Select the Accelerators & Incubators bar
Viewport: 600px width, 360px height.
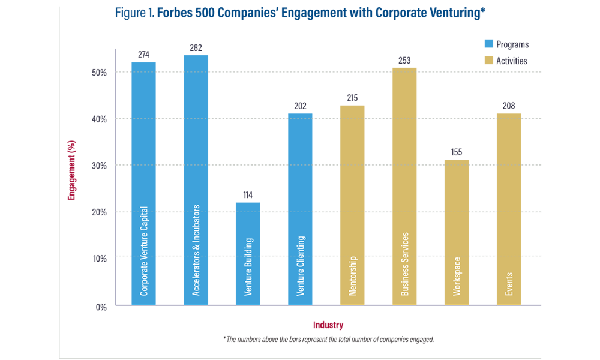click(x=196, y=180)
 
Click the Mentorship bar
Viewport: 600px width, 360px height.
click(x=352, y=205)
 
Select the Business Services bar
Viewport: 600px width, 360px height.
click(x=404, y=186)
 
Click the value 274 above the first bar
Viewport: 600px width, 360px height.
click(x=143, y=55)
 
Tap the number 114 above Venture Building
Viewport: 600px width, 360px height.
click(x=248, y=195)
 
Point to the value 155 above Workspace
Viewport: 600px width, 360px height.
click(x=457, y=152)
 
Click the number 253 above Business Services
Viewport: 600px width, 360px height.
click(x=404, y=60)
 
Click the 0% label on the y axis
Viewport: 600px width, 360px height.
click(x=101, y=306)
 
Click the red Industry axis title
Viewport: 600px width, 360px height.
click(x=328, y=325)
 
